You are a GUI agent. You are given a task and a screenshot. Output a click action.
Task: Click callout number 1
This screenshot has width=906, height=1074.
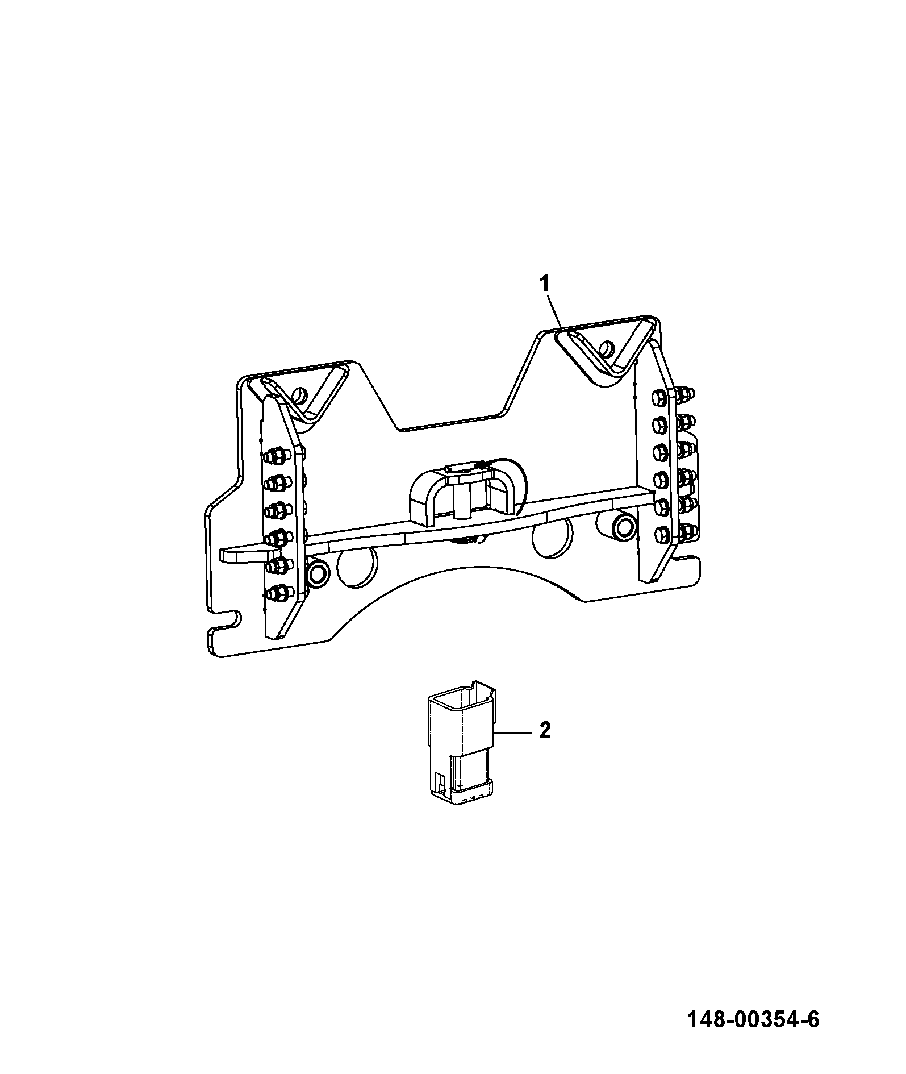tap(544, 283)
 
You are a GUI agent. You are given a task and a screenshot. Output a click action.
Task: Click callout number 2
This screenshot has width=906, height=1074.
tap(545, 730)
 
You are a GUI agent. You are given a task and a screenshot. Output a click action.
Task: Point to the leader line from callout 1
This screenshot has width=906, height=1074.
tap(553, 310)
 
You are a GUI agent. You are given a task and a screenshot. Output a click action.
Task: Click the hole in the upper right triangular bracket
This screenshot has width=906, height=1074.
tap(607, 347)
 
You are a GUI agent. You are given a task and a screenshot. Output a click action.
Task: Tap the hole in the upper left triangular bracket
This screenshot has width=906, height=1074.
tap(299, 394)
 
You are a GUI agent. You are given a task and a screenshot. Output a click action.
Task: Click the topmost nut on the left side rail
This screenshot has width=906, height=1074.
tap(275, 455)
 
